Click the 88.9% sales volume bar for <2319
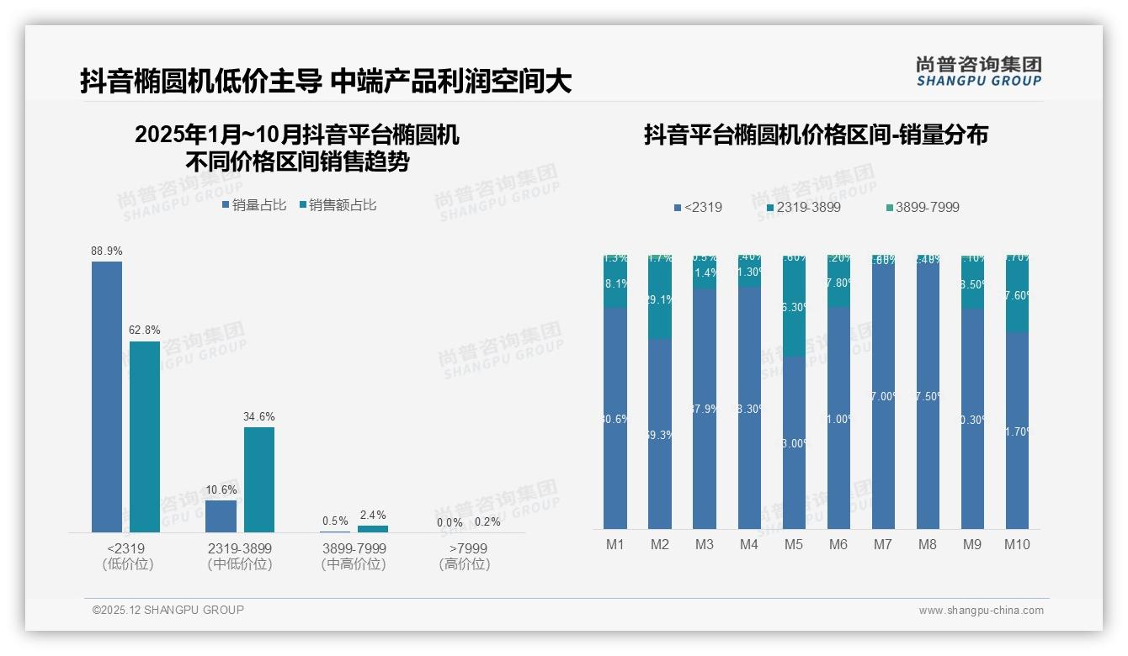[x=107, y=396]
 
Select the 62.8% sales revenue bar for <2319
[x=145, y=436]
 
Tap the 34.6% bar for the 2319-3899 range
[x=259, y=479]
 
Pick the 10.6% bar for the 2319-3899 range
[x=221, y=516]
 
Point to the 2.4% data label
[x=373, y=515]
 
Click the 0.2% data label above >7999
[x=487, y=521]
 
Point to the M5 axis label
[x=794, y=544]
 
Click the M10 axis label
[x=1017, y=544]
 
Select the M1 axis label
[x=615, y=544]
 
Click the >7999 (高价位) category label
[x=464, y=556]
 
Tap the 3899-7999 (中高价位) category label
[x=354, y=556]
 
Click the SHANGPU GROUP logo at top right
[x=979, y=71]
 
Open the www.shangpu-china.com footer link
[x=981, y=610]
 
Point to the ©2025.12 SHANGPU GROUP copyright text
[x=168, y=610]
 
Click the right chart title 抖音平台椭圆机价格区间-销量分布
[x=816, y=135]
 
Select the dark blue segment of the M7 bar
[x=883, y=395]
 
